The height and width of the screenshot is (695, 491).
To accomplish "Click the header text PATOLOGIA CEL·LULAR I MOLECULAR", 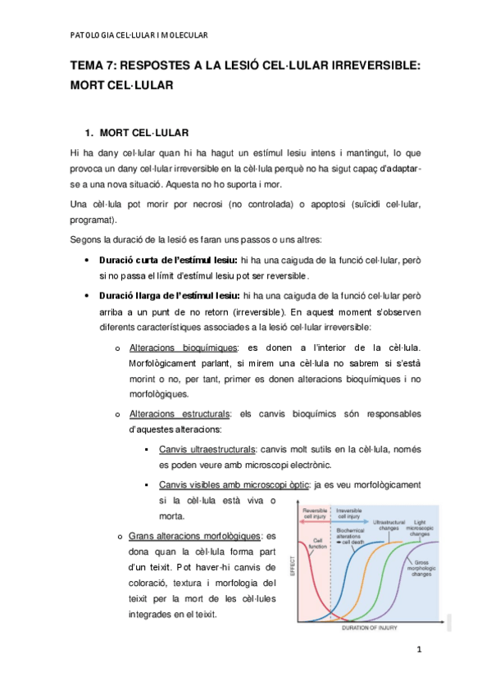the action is pos(139,35).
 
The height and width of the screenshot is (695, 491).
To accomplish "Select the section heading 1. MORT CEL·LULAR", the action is pos(143,132).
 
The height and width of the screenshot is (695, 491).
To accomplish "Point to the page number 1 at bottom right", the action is pos(418,651).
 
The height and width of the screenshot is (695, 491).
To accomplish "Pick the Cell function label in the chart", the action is pos(318,544).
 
